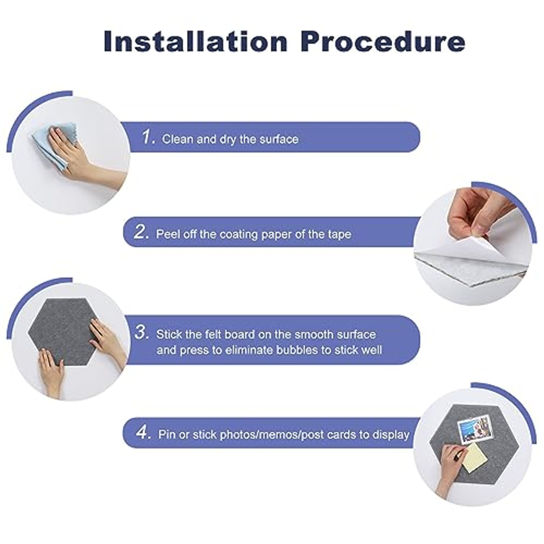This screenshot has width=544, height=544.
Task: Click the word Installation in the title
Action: coord(195,41)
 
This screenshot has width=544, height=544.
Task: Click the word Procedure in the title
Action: coord(383,41)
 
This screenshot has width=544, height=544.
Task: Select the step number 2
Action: coord(141,232)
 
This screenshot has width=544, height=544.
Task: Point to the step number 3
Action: coord(142,332)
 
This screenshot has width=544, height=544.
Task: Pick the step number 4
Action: coord(143,432)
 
